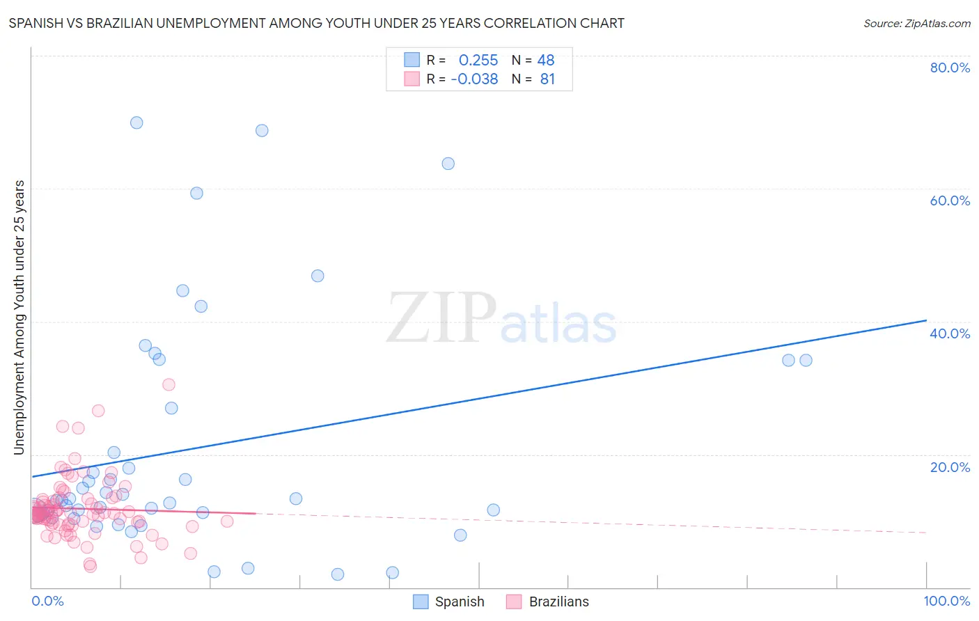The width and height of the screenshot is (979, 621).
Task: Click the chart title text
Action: pos(316,23)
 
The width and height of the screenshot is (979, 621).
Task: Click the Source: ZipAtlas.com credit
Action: pos(916,23)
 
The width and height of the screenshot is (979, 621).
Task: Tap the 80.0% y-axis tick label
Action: pos(950,68)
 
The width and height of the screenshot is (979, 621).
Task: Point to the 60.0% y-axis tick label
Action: pos(950,201)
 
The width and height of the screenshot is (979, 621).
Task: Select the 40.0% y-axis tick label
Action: pos(950,333)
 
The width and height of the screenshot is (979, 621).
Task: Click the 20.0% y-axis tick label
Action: pos(950,467)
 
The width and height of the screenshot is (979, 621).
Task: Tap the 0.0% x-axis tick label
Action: pos(47,601)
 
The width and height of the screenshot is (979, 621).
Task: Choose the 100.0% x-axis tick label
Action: pos(946,601)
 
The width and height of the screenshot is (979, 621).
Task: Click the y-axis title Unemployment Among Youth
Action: pos(19,317)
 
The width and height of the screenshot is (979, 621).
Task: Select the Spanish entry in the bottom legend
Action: pos(449,602)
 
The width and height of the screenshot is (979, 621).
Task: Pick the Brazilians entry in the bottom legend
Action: pos(548,602)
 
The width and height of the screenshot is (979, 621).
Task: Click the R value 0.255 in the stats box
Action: pos(478,61)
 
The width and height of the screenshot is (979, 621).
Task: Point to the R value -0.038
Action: pos(474,79)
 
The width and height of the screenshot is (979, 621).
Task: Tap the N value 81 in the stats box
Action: pos(547,79)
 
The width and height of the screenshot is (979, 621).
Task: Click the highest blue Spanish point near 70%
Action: pos(136,123)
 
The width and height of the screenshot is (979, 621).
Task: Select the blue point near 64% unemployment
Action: pos(448,164)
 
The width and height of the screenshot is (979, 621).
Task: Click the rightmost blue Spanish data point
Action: pos(806,360)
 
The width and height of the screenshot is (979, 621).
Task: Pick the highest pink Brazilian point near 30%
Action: pos(169,384)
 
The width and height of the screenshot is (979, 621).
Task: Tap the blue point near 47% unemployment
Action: pos(318,276)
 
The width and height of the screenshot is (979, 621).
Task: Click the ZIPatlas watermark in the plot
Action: pos(501,319)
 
